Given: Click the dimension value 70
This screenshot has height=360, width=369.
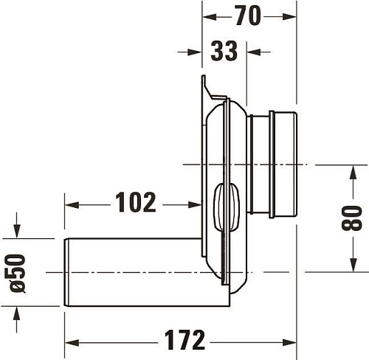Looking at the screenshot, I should tap(249, 15).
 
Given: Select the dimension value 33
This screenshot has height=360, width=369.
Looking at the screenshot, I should tap(224, 52).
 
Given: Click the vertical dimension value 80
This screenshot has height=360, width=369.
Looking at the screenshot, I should tap(353, 218).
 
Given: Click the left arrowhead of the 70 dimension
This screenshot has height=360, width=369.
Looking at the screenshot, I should tap(208, 15).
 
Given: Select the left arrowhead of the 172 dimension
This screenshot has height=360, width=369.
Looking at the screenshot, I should tap(71, 341).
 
